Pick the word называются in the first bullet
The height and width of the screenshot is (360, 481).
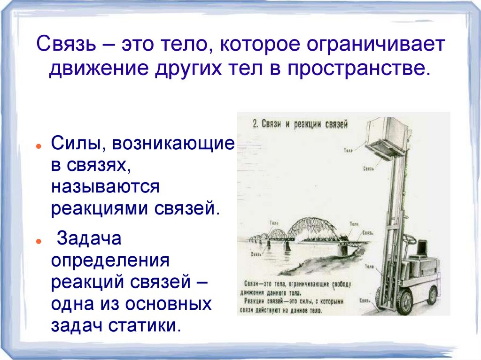click(107, 186)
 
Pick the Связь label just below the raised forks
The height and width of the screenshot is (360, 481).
click(368, 168)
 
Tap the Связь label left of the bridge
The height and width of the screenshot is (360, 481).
click(256, 254)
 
